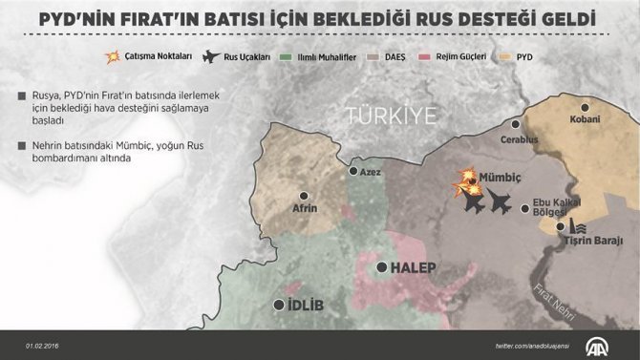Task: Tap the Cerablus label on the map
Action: [x=520, y=139]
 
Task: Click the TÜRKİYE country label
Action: [x=391, y=116]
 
